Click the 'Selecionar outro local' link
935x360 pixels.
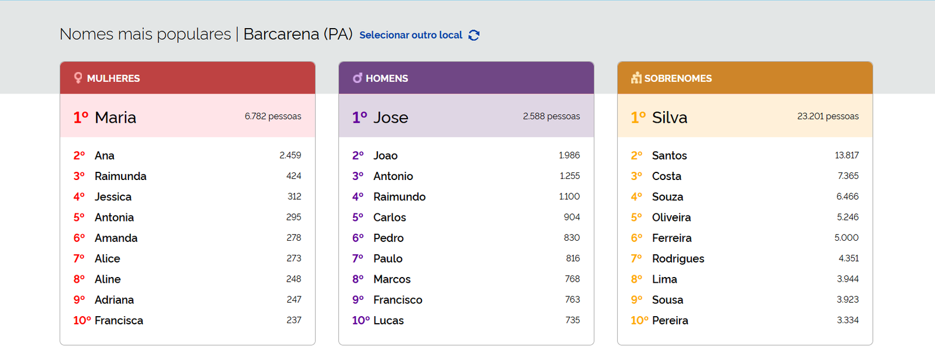(x=410, y=35)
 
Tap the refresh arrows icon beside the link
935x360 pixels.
(x=474, y=35)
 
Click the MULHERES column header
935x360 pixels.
(x=113, y=78)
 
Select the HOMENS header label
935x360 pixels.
(x=387, y=78)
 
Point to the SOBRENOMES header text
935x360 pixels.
(x=678, y=78)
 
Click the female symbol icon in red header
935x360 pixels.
(x=78, y=78)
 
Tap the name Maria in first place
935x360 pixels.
(x=115, y=117)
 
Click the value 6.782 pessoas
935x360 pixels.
(x=273, y=116)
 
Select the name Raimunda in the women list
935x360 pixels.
(x=120, y=176)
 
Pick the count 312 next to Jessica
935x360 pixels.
(x=295, y=196)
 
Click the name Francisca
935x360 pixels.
(x=119, y=320)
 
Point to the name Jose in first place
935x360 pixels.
(x=390, y=117)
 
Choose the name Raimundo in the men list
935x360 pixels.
(x=399, y=197)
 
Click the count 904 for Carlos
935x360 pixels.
(x=572, y=217)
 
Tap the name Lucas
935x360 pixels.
(x=389, y=320)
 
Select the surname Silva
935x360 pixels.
(x=669, y=117)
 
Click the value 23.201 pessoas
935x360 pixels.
(x=827, y=116)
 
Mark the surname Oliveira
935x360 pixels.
(x=671, y=217)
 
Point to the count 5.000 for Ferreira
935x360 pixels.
(x=846, y=238)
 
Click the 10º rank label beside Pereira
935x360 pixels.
(x=639, y=320)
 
